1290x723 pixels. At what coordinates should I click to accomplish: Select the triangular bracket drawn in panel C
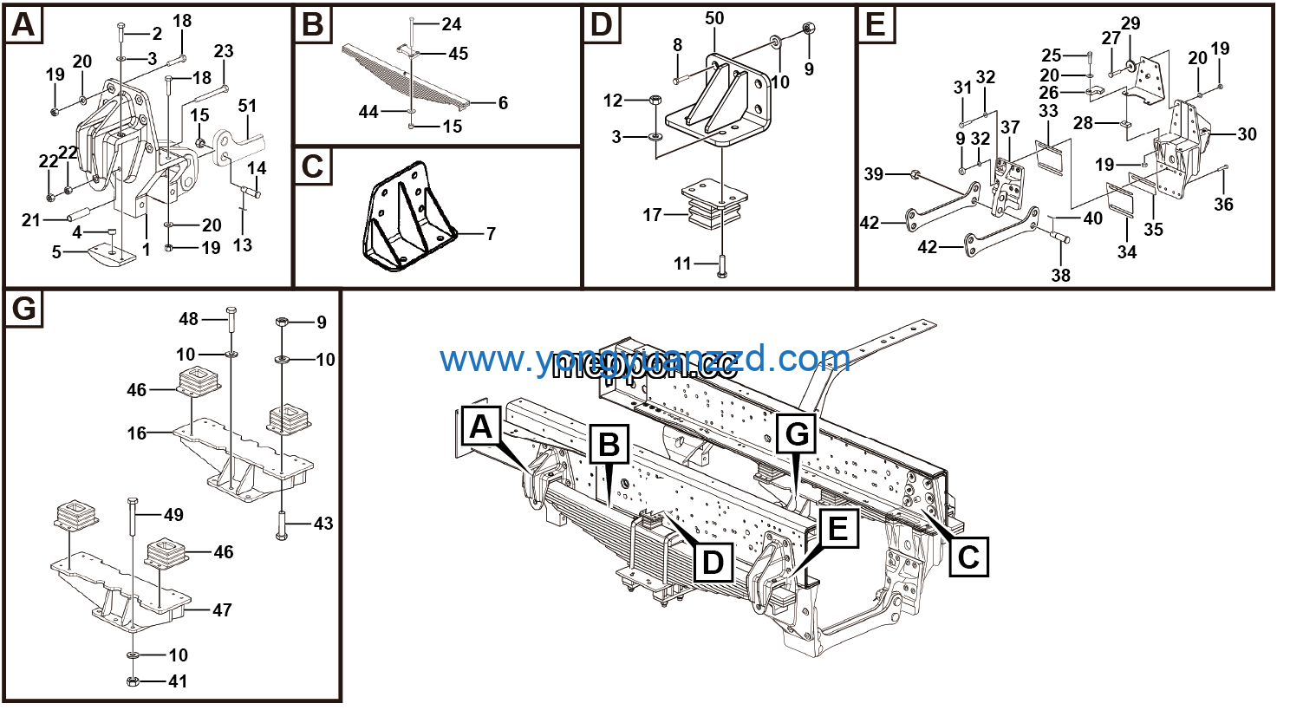pyautogui.click(x=406, y=217)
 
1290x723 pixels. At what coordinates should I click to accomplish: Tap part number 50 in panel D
pyautogui.click(x=714, y=19)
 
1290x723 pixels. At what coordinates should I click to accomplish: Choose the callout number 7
pyautogui.click(x=491, y=233)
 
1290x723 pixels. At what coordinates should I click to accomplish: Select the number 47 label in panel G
pyautogui.click(x=222, y=610)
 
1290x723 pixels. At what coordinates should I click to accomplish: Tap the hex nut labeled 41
pyautogui.click(x=134, y=681)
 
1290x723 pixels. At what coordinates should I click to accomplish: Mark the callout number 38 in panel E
pyautogui.click(x=1060, y=276)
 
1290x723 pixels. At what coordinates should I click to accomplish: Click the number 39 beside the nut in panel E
pyautogui.click(x=873, y=174)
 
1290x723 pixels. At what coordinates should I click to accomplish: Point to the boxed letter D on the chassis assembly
pyautogui.click(x=712, y=562)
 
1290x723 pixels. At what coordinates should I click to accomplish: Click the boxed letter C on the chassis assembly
pyautogui.click(x=967, y=556)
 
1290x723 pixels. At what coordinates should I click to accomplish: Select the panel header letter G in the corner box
pyautogui.click(x=24, y=309)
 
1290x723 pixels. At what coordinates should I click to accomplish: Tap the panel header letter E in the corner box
pyautogui.click(x=876, y=24)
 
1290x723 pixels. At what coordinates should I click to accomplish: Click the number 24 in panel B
pyautogui.click(x=451, y=24)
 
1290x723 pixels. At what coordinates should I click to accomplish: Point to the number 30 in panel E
pyautogui.click(x=1247, y=134)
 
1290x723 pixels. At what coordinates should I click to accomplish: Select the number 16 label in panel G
pyautogui.click(x=137, y=432)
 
